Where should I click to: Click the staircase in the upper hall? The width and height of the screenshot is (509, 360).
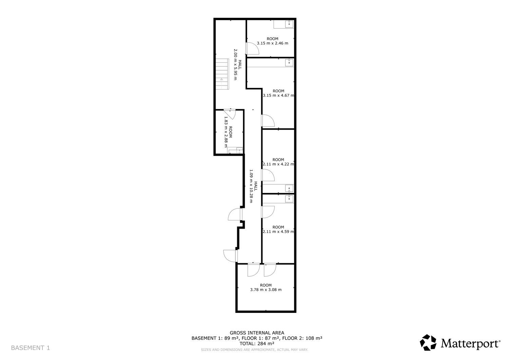point(222,74)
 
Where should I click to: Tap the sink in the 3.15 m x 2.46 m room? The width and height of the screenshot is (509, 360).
point(289,24)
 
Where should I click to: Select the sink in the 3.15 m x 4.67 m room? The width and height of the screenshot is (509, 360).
point(289,62)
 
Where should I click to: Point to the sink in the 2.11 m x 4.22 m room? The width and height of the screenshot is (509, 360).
point(289,188)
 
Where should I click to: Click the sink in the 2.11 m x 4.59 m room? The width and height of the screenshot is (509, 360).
point(289,198)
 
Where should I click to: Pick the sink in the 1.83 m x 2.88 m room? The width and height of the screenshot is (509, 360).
point(240,150)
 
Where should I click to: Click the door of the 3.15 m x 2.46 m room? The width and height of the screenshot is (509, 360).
point(252,49)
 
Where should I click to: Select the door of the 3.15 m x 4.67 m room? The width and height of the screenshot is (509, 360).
point(268,120)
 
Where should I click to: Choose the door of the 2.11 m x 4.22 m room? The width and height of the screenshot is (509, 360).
point(268,175)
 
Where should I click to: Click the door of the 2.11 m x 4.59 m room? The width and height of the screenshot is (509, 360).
point(268,212)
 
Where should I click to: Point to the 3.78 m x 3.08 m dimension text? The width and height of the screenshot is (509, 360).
point(266,289)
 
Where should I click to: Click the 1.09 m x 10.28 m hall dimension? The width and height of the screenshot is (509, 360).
point(251,186)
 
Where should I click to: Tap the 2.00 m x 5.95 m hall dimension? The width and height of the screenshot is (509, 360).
point(235,64)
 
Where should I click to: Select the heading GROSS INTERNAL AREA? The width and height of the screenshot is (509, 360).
point(257,333)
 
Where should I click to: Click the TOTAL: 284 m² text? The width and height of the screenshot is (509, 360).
point(257,343)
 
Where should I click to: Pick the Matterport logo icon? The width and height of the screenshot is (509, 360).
point(428,342)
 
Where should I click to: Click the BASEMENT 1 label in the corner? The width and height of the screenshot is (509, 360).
point(31,348)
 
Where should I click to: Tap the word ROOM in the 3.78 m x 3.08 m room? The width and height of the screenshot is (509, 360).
point(266,285)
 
